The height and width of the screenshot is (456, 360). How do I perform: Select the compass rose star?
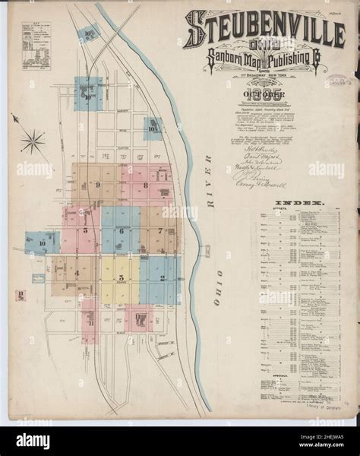pyautogui.click(x=33, y=140)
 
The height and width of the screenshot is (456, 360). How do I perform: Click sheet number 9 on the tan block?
pyautogui.click(x=97, y=185)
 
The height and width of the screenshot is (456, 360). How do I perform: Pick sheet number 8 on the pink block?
pyautogui.click(x=144, y=185)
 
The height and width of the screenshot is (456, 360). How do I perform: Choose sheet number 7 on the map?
pyautogui.click(x=160, y=229)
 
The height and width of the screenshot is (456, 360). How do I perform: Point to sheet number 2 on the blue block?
pyautogui.click(x=163, y=277)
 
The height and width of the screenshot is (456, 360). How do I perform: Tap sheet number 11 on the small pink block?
pyautogui.click(x=90, y=323)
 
